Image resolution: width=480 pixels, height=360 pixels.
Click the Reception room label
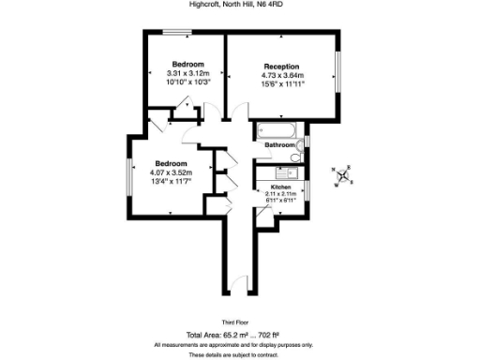281,67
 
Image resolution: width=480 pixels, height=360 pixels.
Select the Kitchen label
281,187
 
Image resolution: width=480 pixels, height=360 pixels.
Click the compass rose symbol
343,175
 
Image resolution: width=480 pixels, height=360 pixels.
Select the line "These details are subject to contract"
240,355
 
